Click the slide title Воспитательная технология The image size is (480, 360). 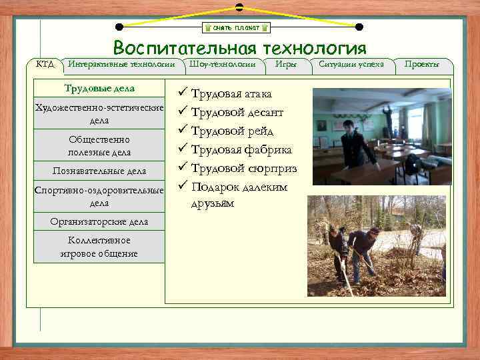click(x=239, y=49)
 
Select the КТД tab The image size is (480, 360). click(x=45, y=64)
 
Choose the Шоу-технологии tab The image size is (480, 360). click(x=222, y=64)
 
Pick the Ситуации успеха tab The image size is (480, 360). click(x=351, y=64)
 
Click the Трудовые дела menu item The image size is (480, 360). click(x=99, y=89)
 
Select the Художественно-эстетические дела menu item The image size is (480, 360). click(x=99, y=114)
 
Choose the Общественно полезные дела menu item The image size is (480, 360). click(x=99, y=145)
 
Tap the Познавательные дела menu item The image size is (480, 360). click(x=99, y=171)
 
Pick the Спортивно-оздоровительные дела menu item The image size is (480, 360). click(x=99, y=196)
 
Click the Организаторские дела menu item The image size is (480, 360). click(x=99, y=221)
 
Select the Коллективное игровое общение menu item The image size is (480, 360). click(x=99, y=247)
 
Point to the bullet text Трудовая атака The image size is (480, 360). click(x=231, y=94)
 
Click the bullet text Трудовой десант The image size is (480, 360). click(x=237, y=113)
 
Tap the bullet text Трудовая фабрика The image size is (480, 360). click(x=241, y=150)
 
